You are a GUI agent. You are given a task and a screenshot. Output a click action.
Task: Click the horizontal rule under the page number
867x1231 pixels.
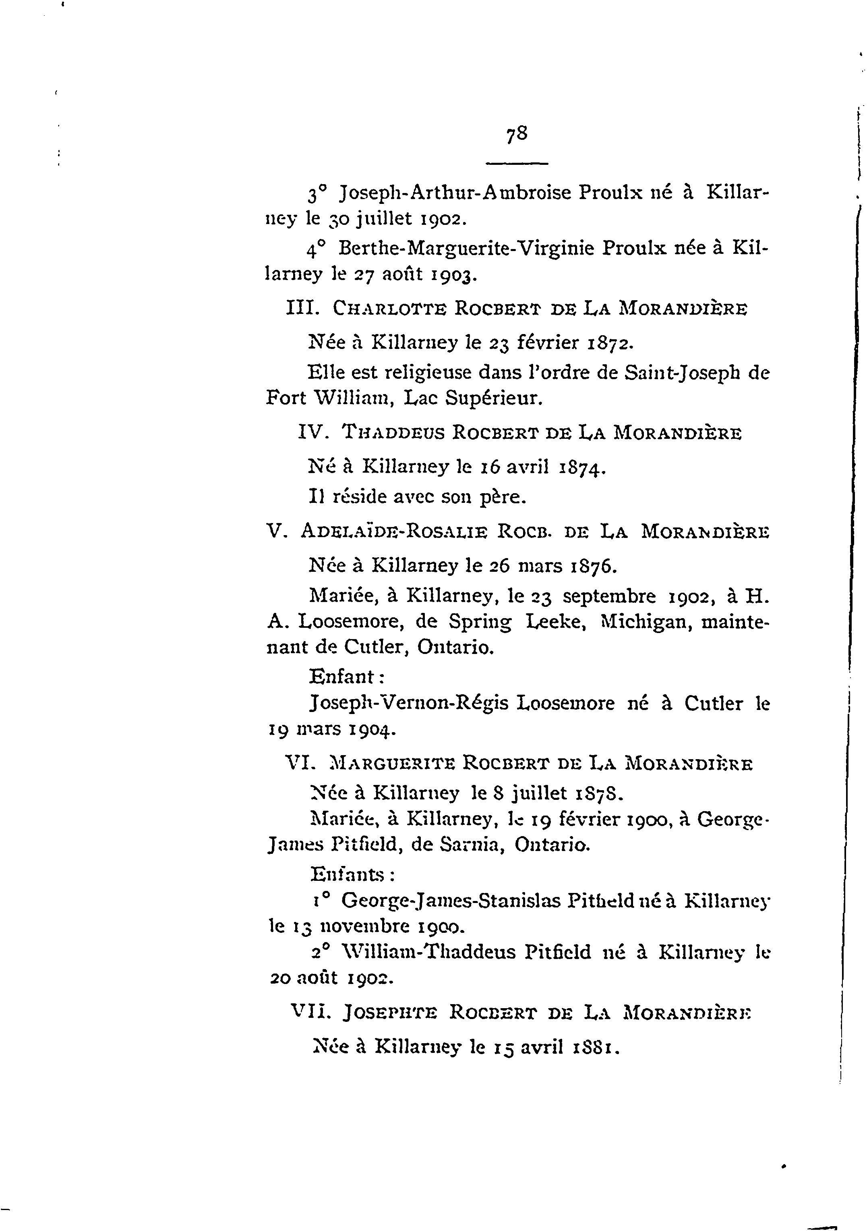[x=517, y=164]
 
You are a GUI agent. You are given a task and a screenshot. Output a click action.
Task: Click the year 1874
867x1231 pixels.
[x=581, y=467]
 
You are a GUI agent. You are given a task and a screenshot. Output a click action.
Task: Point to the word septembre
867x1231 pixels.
[x=609, y=596]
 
